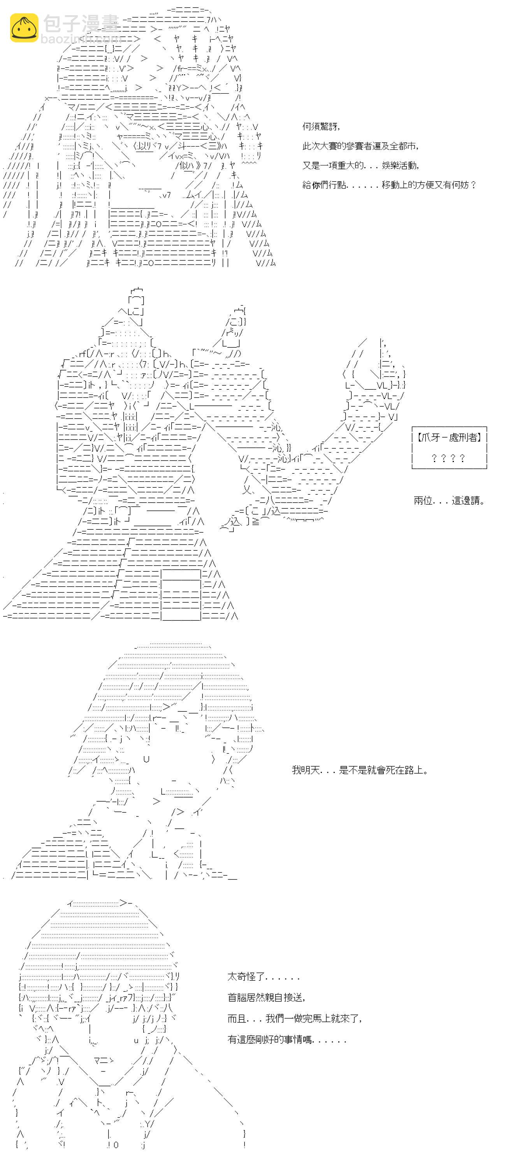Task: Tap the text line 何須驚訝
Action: tap(320, 126)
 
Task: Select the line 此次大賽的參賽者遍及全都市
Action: tap(360, 146)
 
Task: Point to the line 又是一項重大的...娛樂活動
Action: tap(360, 165)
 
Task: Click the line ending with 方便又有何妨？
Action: tap(389, 184)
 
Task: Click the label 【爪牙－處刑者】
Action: tap(449, 437)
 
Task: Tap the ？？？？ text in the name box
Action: tap(448, 458)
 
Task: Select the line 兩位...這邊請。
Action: tap(449, 500)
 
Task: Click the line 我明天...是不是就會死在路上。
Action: tap(359, 770)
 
